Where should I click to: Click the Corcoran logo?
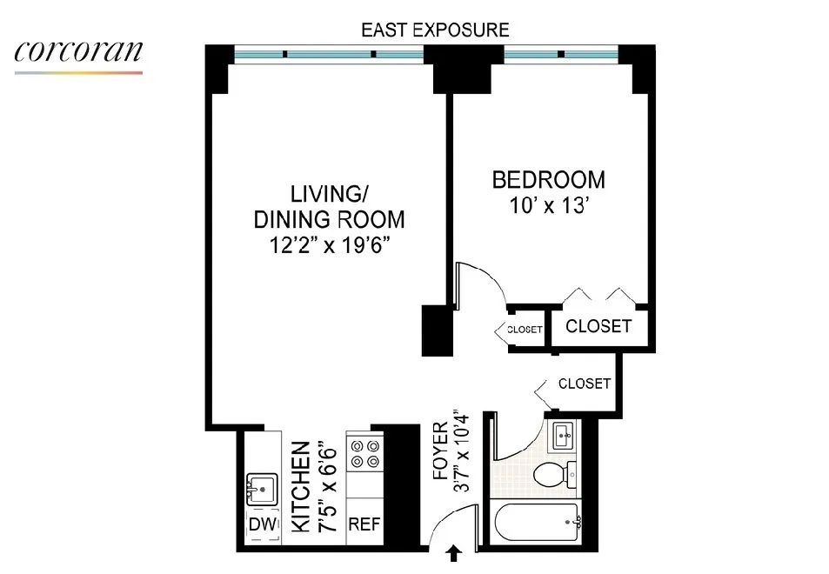pyautogui.click(x=78, y=54)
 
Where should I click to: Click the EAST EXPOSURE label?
pyautogui.click(x=434, y=30)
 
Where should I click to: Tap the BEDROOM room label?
pyautogui.click(x=548, y=180)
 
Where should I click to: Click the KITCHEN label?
pyautogui.click(x=300, y=486)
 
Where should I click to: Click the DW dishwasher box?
pyautogui.click(x=262, y=524)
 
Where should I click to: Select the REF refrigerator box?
pyautogui.click(x=364, y=525)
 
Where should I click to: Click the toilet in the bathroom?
pyautogui.click(x=558, y=475)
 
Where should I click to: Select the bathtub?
pyautogui.click(x=539, y=524)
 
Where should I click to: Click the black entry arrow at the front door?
pyautogui.click(x=453, y=552)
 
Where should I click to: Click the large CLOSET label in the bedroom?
pyautogui.click(x=598, y=326)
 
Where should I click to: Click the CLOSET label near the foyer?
pyautogui.click(x=584, y=383)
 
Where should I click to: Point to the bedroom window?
pyautogui.click(x=561, y=55)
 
